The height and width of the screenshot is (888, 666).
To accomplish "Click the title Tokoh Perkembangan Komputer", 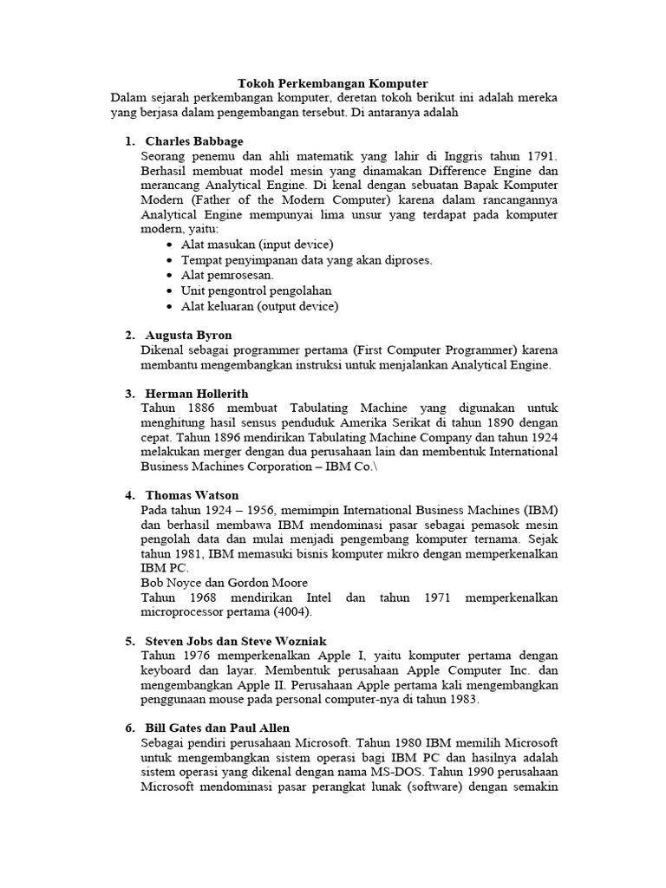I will (333, 83).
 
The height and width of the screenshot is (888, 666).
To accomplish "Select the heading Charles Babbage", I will (194, 141).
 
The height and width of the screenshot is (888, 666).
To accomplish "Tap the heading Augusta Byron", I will (188, 335).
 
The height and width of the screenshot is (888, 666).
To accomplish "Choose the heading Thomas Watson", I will (192, 495).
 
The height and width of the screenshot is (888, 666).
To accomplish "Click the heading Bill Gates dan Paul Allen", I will (217, 728).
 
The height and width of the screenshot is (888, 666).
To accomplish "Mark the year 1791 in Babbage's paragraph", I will (539, 156).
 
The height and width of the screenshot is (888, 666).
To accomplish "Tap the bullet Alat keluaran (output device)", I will (259, 306).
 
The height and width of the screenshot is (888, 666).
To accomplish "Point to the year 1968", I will (206, 598).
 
